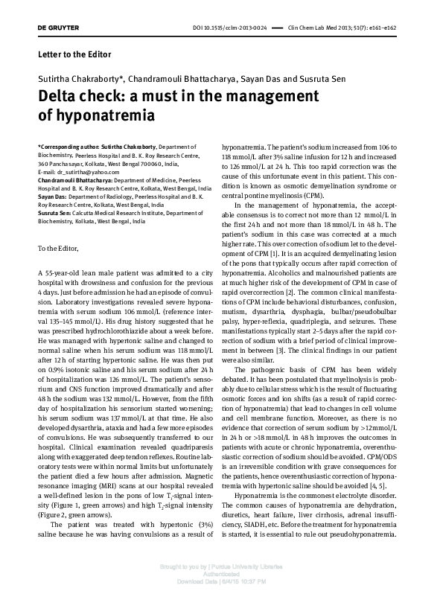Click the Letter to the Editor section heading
coord(74,54)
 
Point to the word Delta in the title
coord(63,97)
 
